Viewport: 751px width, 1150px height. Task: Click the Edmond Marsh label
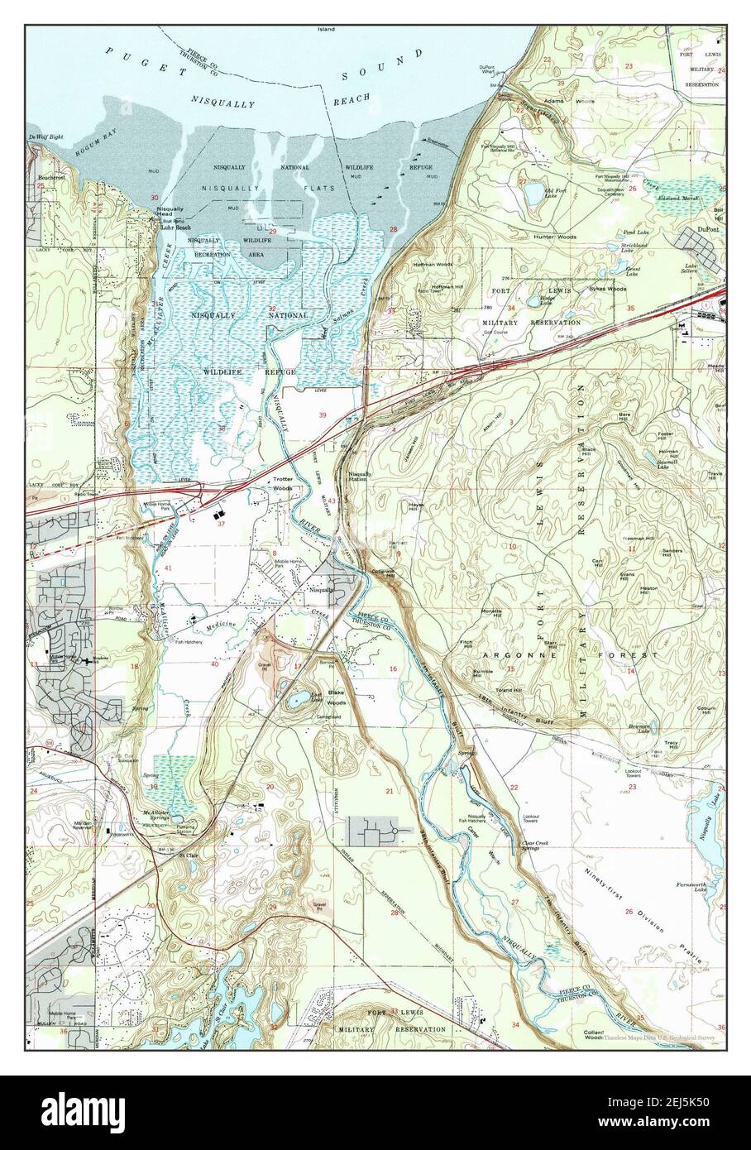(678, 199)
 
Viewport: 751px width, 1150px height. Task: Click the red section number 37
(221, 524)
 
